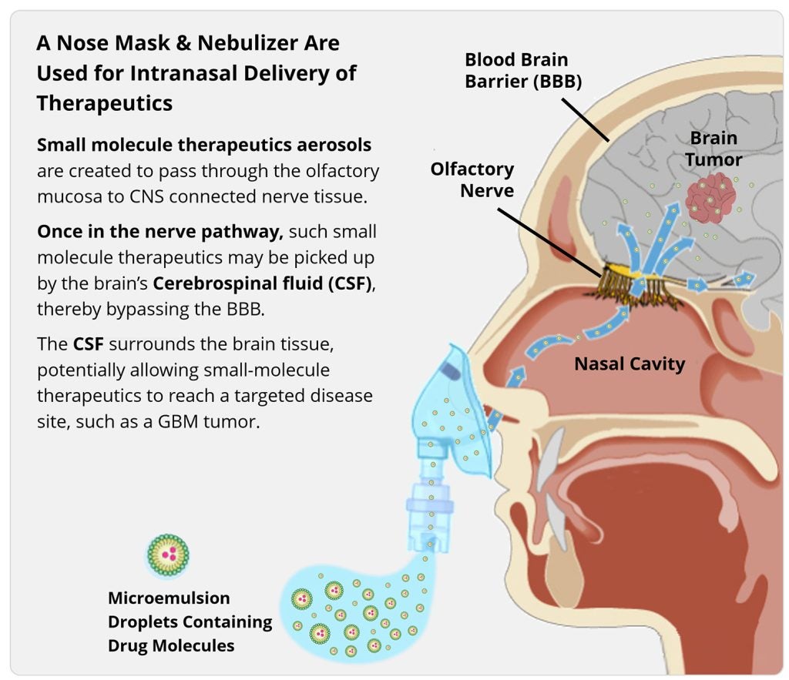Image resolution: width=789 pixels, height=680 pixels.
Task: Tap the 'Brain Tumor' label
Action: [713, 149]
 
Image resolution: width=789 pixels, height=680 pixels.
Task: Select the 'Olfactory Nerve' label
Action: [472, 179]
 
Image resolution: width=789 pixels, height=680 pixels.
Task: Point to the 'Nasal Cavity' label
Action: [630, 363]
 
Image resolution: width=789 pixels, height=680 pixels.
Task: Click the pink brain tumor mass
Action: [710, 197]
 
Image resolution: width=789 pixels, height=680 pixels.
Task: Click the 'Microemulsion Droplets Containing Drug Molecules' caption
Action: [190, 621]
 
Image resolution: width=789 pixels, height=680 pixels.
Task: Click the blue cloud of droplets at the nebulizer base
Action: [347, 608]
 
